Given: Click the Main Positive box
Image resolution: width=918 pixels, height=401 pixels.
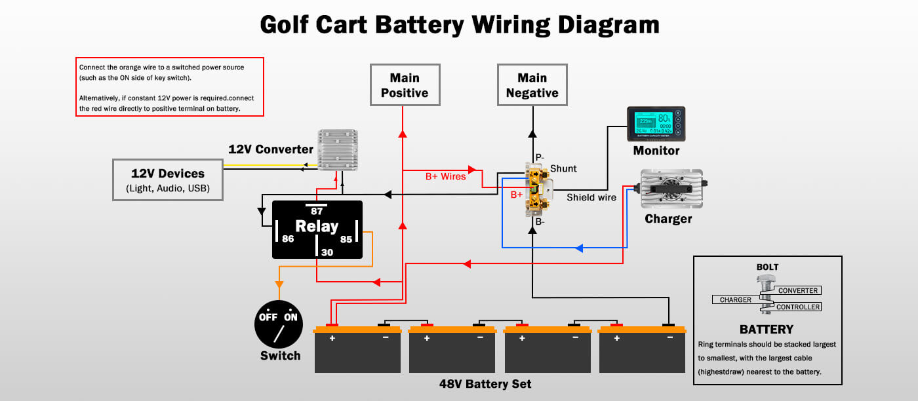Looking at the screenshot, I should (x=405, y=85).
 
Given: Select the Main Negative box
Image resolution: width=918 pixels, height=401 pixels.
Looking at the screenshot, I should (x=532, y=85).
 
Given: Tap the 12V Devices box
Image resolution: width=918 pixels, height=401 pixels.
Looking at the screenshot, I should (x=167, y=180).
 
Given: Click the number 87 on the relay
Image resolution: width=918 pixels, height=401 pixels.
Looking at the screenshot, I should (x=317, y=211).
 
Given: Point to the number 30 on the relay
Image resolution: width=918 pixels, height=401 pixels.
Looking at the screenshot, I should (x=327, y=252).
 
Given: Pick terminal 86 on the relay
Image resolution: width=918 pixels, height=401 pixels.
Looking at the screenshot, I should (x=288, y=239).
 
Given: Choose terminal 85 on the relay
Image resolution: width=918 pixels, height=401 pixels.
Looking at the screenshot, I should (x=346, y=239).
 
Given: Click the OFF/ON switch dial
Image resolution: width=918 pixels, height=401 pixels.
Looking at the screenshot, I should (x=278, y=324).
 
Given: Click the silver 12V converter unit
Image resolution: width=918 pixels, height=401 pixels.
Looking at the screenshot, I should (x=338, y=149).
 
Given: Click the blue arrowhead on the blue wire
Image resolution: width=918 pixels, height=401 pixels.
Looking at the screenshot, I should (x=579, y=248).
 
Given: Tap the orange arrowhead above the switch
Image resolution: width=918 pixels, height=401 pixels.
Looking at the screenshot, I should (x=279, y=284).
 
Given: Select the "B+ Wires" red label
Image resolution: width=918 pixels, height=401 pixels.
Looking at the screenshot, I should (x=446, y=176).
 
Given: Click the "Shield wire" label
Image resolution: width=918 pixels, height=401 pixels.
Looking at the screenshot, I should (x=591, y=197).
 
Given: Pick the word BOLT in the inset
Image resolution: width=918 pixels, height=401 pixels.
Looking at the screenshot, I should (x=767, y=267).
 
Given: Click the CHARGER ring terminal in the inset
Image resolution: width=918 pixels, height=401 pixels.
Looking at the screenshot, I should (x=736, y=299).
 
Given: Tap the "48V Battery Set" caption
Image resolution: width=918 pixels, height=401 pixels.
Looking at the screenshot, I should (x=485, y=384).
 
